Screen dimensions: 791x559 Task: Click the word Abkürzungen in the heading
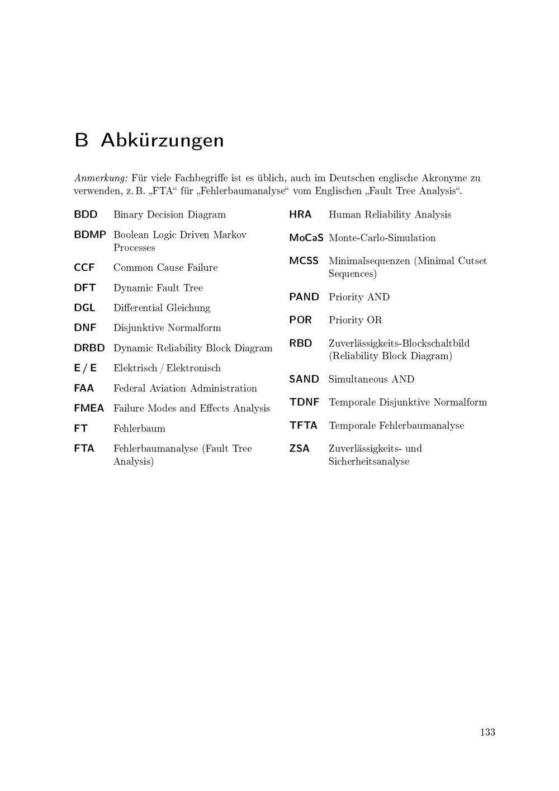coord(162,140)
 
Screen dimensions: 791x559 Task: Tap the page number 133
coord(487,732)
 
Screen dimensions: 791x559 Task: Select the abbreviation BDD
coord(86,214)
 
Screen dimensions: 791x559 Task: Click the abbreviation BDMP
coord(89,235)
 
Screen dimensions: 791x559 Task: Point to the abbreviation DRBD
coord(89,348)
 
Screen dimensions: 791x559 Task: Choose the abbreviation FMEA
coord(89,408)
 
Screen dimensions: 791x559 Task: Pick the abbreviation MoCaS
coord(306,238)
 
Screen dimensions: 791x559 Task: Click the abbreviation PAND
coord(304,297)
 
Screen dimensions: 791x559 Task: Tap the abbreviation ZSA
coord(299,449)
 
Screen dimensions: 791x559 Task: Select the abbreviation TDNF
coord(304,402)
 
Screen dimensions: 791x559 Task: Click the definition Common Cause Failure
coord(165,267)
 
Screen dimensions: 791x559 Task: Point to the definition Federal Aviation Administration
coord(185,388)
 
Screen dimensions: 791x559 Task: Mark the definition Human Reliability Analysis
coord(390,214)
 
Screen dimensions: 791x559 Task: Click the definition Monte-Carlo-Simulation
coord(382,238)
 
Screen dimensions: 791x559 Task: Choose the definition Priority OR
coord(355,320)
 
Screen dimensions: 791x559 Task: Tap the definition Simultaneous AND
coord(371,379)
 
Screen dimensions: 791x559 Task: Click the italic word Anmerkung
coord(101,178)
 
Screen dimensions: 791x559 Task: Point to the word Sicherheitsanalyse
coord(369,462)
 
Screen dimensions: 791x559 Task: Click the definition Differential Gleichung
coord(162,308)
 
